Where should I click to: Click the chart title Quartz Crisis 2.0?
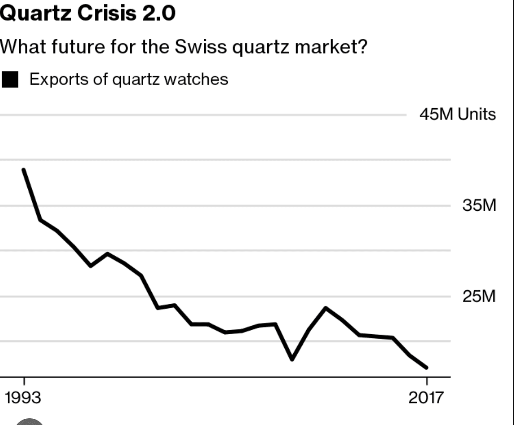(87, 13)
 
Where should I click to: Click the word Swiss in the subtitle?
(200, 47)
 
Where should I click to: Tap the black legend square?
(10, 80)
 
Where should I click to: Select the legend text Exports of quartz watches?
(128, 79)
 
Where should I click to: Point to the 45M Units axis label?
(458, 114)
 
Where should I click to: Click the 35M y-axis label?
(479, 205)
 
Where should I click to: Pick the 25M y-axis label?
(479, 296)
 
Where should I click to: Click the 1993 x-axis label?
(23, 398)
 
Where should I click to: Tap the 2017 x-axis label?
(426, 398)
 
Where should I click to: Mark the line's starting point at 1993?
(24, 170)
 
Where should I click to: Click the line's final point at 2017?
(426, 368)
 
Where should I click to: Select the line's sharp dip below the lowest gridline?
(292, 359)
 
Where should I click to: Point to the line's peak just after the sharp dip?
(326, 308)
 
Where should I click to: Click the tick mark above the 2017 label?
(427, 381)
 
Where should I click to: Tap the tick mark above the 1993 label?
(24, 381)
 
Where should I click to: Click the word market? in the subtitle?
(331, 47)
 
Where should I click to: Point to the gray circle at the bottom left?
(30, 422)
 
